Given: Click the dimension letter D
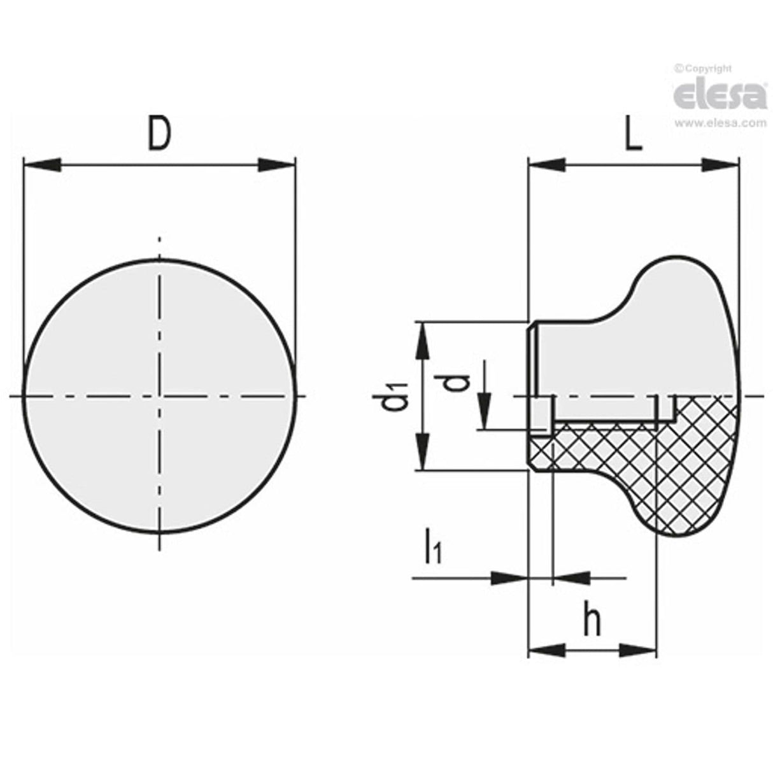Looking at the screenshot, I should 159,133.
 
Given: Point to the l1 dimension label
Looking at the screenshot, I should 434,547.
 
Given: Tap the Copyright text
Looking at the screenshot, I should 703,68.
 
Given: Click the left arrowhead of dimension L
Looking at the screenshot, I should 548,166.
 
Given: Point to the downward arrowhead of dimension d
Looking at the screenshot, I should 485,411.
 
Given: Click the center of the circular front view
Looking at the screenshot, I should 160,396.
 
